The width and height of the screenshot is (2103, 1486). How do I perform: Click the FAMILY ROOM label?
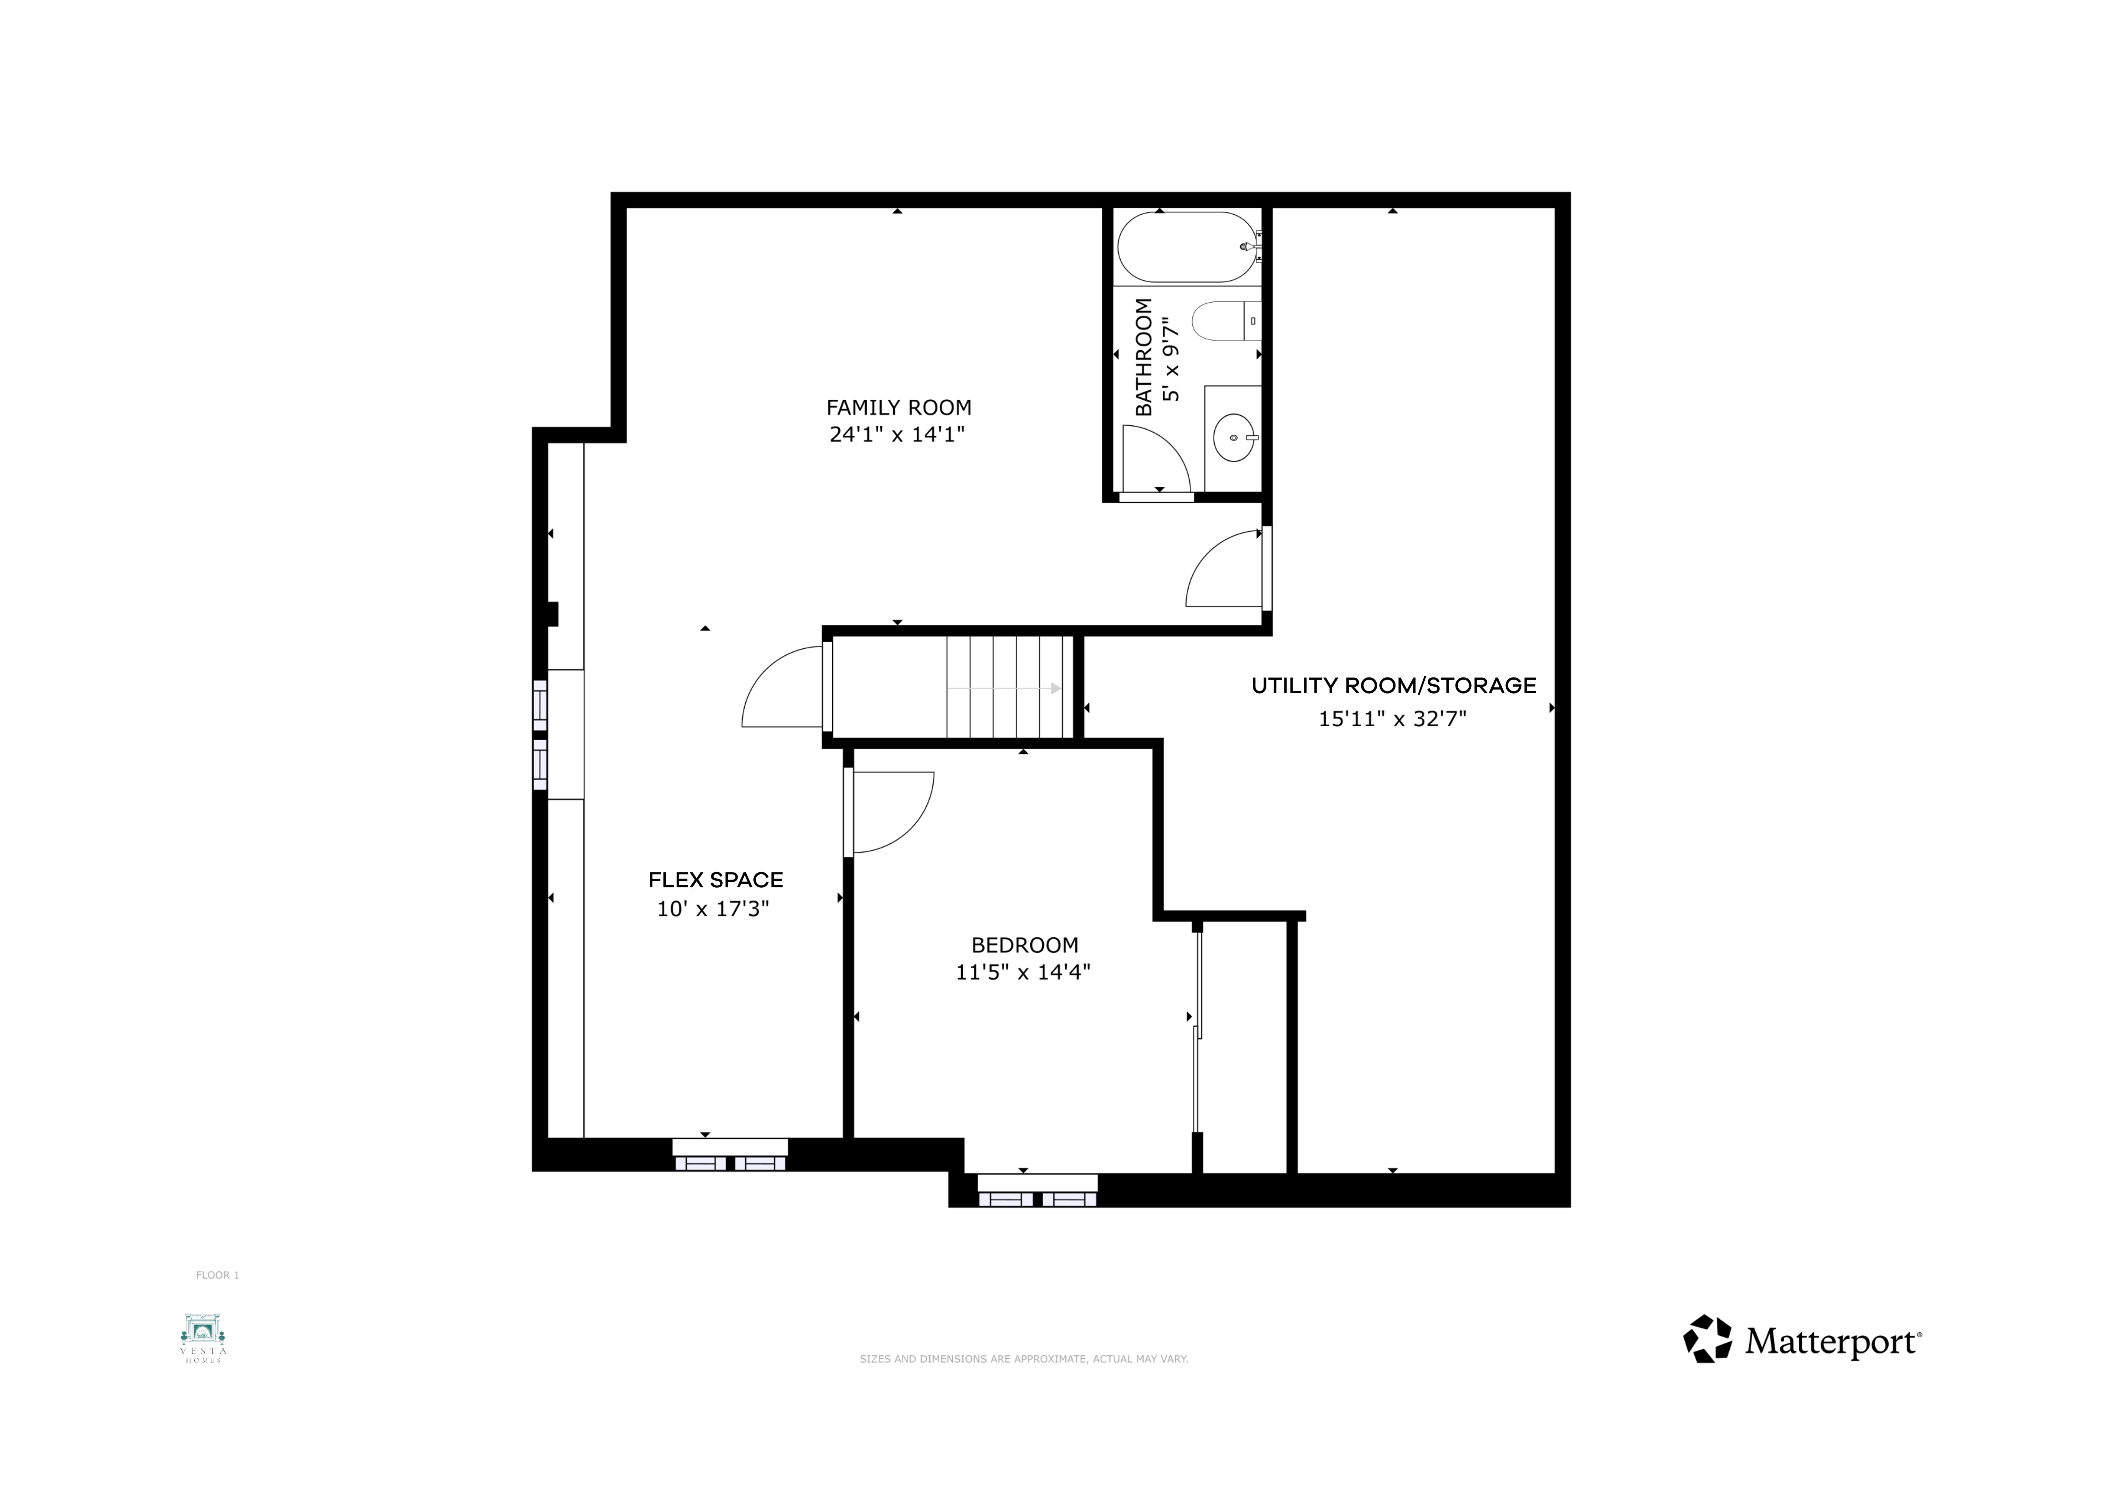898,408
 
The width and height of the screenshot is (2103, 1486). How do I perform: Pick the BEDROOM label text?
1025,945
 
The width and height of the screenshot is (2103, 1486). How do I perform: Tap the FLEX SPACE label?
715,880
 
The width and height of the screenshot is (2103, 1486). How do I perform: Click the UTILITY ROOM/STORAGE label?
1393,686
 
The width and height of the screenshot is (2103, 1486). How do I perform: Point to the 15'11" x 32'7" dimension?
1392,719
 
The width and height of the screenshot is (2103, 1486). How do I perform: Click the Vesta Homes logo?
203,1338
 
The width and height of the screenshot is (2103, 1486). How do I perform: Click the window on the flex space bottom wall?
730,1155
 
